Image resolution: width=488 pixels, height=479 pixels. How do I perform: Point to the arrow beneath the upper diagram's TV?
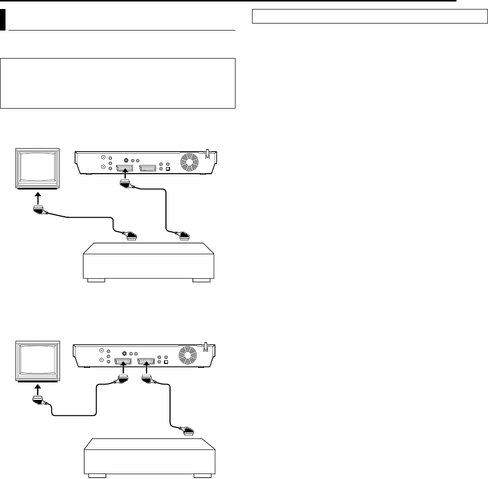click(38, 198)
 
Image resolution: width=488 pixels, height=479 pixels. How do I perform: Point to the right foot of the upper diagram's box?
click(201, 281)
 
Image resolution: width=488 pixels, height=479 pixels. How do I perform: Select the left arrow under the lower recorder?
click(122, 371)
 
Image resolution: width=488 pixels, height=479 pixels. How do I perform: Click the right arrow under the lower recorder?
click(146, 371)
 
